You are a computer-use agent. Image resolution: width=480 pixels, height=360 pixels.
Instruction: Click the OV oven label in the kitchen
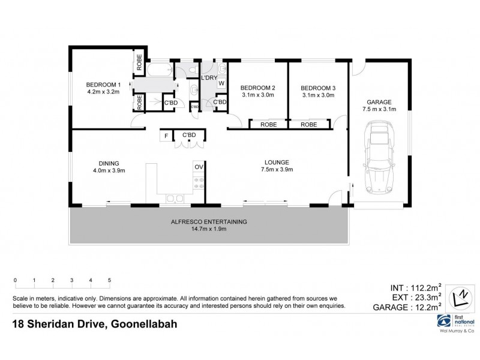point(198,167)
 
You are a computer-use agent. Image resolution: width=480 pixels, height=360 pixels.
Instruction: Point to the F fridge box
point(166,136)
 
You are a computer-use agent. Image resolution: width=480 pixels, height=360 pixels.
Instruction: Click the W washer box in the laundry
point(221,83)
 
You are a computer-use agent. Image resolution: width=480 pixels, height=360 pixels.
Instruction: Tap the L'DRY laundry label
point(209,78)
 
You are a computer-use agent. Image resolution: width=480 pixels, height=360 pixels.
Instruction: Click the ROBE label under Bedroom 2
point(268,125)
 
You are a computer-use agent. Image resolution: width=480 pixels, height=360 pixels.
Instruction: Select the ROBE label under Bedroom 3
point(309,125)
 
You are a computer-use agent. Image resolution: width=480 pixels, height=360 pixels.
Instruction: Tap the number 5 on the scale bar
point(109,280)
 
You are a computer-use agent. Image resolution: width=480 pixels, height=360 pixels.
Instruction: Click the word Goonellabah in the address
point(142,325)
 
